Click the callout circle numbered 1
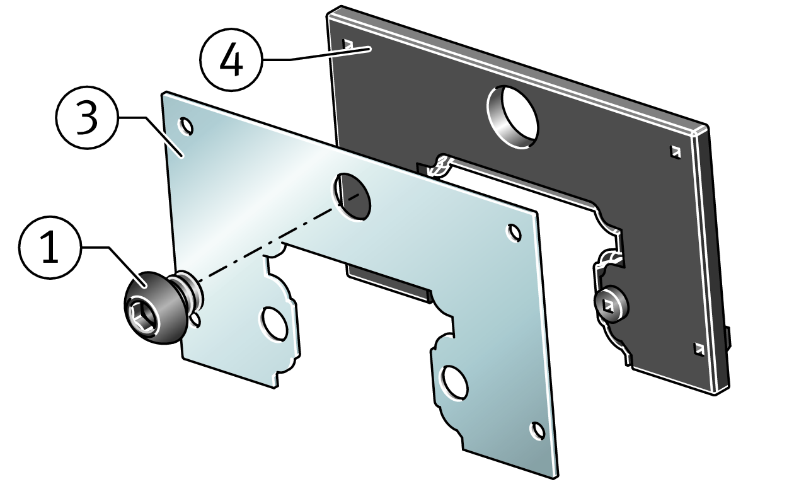point(50,247)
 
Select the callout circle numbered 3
point(87,117)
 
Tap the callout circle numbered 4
point(231,60)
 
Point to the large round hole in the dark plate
point(512,117)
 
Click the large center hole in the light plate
point(352,197)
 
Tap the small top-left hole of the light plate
point(186,127)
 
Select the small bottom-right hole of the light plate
point(538,431)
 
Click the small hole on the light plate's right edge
point(514,233)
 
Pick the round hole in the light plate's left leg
point(274,325)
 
